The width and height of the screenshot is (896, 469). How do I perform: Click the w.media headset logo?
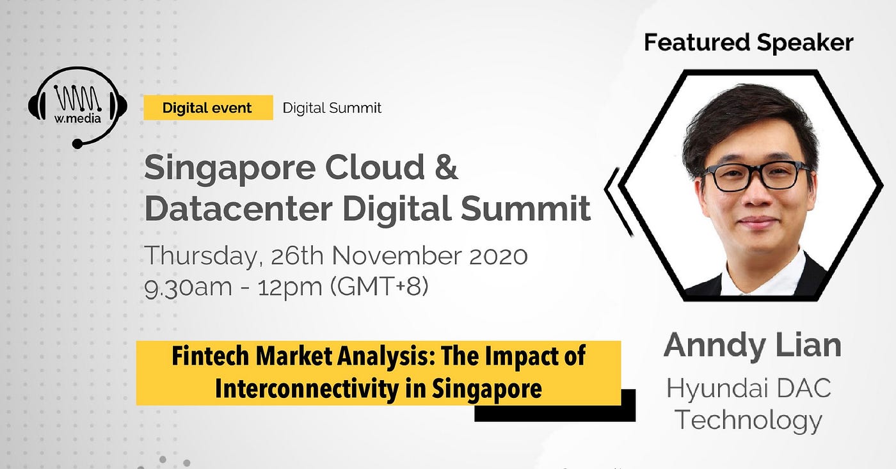pos(77,107)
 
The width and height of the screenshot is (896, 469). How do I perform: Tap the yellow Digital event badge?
pos(208,107)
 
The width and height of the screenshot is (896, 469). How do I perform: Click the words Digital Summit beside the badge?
pos(332,108)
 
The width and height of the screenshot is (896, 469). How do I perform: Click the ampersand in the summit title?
pos(445,167)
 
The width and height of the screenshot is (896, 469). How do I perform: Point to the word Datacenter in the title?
pos(238,209)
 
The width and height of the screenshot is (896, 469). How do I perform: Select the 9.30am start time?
pos(188,287)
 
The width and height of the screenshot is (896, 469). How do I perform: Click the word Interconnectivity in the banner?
pos(307,388)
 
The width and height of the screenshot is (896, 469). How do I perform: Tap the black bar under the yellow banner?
pos(556,413)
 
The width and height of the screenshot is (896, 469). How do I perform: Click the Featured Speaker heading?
pos(748,42)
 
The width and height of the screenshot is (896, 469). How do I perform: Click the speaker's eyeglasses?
pos(756,177)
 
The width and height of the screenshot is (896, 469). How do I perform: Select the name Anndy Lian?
pos(753,345)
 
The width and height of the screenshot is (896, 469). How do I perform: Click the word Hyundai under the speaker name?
pos(712,388)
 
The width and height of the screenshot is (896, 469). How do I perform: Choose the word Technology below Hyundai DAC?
pos(748,420)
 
